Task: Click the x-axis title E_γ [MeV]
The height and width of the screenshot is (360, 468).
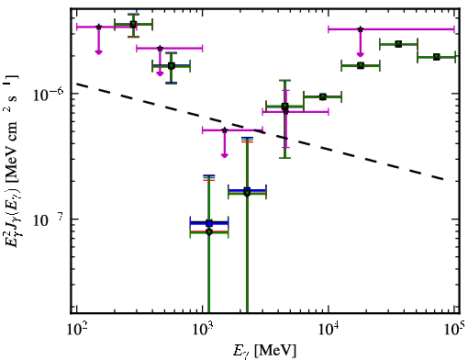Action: [x=264, y=351]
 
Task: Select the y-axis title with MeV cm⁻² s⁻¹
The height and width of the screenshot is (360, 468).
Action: [x=11, y=159]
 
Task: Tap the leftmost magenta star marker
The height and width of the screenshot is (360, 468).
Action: [x=98, y=27]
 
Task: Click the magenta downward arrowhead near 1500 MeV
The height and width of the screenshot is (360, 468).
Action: [x=225, y=155]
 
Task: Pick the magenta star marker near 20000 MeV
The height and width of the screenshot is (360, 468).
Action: [x=361, y=29]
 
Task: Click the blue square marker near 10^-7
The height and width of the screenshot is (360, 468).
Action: [x=209, y=223]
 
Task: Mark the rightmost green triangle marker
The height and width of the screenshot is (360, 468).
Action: [x=437, y=57]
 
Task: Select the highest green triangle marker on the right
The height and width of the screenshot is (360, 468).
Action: [x=398, y=44]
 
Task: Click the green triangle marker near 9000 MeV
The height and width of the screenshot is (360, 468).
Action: [x=322, y=96]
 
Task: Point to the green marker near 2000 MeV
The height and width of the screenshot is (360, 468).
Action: [x=247, y=193]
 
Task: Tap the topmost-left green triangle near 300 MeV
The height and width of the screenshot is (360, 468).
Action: [x=133, y=24]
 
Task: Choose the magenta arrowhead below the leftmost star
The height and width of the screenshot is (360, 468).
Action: [x=98, y=52]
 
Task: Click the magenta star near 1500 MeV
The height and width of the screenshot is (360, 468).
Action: [x=225, y=130]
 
